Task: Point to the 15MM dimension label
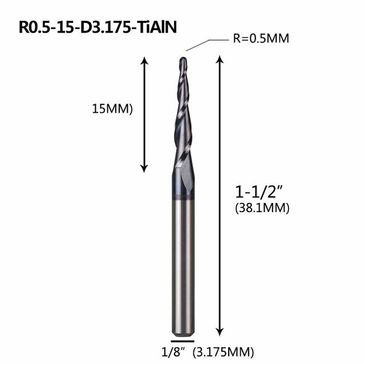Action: coord(111,109)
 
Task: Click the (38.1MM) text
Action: coord(262,209)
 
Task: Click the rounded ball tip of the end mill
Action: coord(183,59)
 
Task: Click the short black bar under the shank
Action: coord(183,340)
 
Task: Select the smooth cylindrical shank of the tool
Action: coord(183,262)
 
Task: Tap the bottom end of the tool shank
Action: coord(183,332)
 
